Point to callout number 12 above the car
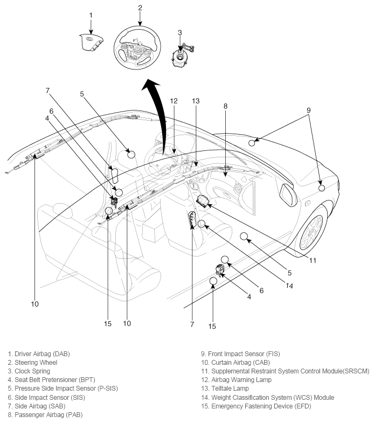(x=174, y=101)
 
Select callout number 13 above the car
(x=195, y=101)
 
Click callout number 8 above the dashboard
(x=225, y=106)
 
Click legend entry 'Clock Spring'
(x=32, y=371)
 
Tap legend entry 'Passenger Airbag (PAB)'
(x=45, y=414)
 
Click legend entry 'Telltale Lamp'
(x=225, y=389)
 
